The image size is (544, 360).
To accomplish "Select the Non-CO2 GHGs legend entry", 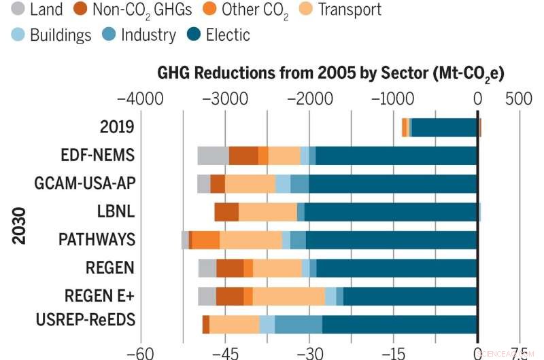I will pos(141,10).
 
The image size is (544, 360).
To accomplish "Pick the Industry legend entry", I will pos(148,35).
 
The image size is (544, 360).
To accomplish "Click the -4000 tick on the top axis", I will pos(141,98).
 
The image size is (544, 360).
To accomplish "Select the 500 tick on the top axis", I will pos(520,98).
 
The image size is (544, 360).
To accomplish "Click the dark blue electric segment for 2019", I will pos(445,128).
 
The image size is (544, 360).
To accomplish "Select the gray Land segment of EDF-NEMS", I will pos(213,156).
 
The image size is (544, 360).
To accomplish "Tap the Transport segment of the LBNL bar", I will pos(268,212).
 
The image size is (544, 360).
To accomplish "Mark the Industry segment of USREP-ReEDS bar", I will pos(299,325).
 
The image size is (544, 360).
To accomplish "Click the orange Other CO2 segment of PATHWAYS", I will pos(206,240).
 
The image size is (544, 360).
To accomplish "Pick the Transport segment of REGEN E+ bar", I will pos(289,297).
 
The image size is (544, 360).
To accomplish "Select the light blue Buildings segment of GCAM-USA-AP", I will pos(283,184).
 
